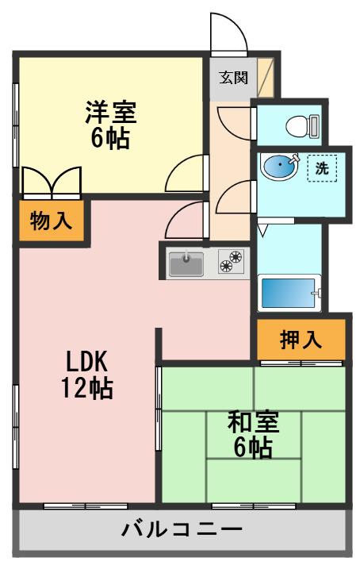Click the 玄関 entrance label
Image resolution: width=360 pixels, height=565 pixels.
234,78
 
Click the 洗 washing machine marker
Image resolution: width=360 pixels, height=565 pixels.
322,168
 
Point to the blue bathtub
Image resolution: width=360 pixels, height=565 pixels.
289,293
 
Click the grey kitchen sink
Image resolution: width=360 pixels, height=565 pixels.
186,263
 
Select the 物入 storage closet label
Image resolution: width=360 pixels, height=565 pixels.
51,221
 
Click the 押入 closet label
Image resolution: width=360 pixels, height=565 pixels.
301,340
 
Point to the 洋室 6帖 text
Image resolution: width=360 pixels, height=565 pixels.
110,125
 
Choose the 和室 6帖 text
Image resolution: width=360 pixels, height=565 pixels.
253,435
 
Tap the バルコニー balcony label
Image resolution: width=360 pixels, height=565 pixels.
182,530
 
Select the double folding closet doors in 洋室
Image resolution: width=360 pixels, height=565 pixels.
52,182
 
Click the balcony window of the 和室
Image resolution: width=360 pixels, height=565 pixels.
254,506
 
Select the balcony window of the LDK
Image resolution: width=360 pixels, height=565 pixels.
86,506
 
